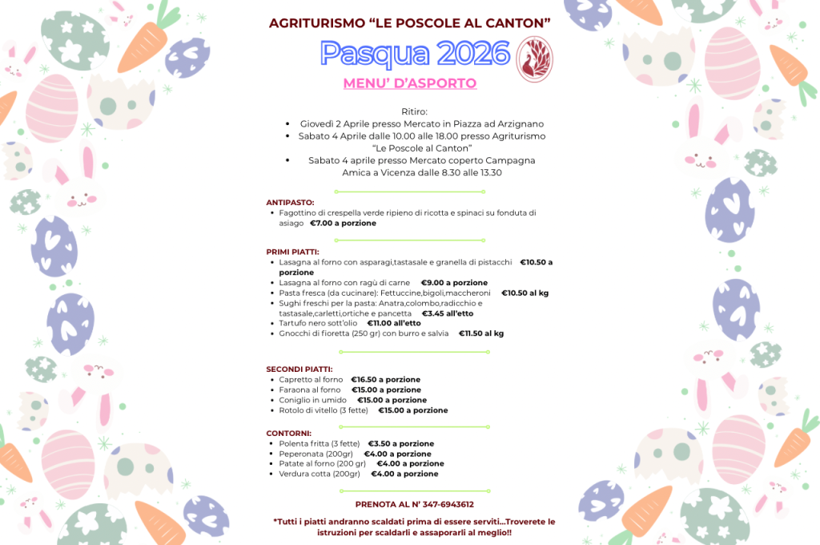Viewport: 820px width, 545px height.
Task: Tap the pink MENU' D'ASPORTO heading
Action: [409, 83]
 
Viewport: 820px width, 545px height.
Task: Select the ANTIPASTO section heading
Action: [290, 203]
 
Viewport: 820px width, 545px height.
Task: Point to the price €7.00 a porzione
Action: [343, 224]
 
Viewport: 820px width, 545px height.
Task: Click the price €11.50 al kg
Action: [481, 333]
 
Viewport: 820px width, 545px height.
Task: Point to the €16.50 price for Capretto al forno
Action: [385, 380]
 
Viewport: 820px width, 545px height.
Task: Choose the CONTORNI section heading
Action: [288, 433]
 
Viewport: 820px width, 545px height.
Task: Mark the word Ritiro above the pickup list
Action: [415, 111]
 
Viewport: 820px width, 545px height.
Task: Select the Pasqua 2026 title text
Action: [415, 54]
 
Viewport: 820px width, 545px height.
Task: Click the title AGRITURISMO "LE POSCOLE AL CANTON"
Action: [410, 22]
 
